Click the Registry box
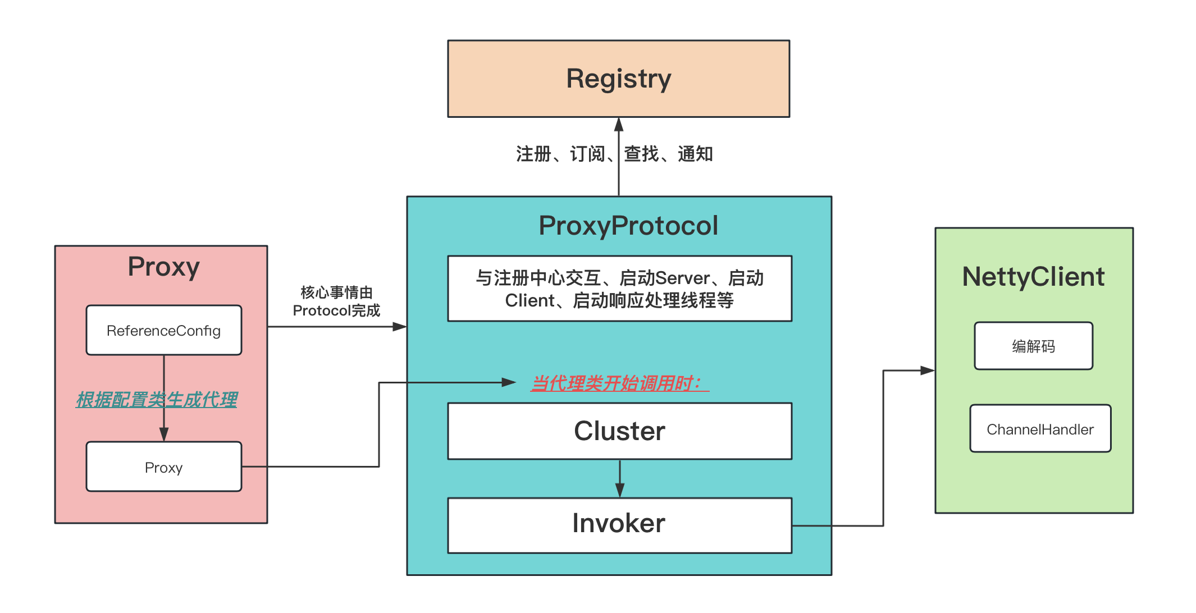[x=618, y=79]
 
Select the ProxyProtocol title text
[x=628, y=226]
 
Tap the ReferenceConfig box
[x=163, y=330]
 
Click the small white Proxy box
[x=163, y=467]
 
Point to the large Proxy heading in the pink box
[x=163, y=267]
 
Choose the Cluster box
[x=619, y=431]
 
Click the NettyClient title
[x=1033, y=277]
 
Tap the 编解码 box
[x=1033, y=346]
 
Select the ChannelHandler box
[x=1040, y=429]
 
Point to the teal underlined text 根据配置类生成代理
[x=157, y=400]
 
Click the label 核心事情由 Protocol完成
[x=336, y=301]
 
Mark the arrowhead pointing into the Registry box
[x=619, y=124]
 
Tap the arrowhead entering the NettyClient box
[x=927, y=370]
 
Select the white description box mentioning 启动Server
[x=619, y=289]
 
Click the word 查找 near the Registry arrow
[x=641, y=154]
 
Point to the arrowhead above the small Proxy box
[x=164, y=434]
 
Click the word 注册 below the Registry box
[x=533, y=154]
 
